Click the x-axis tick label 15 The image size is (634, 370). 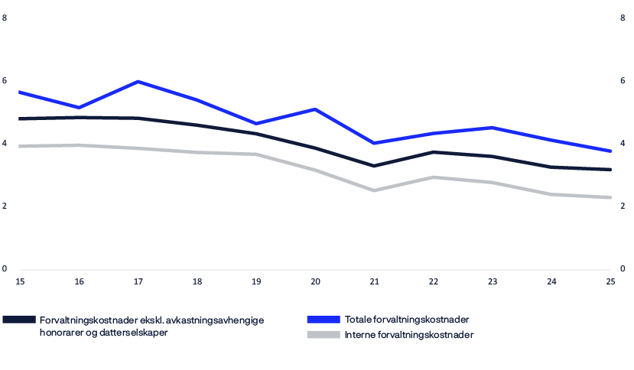click(x=20, y=282)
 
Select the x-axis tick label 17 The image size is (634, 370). click(x=138, y=282)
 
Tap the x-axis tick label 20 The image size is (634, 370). click(x=315, y=282)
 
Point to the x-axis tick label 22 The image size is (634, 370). click(x=433, y=282)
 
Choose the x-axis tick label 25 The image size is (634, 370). click(x=610, y=282)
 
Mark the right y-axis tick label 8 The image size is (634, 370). click(x=623, y=18)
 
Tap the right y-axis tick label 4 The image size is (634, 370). click(x=623, y=144)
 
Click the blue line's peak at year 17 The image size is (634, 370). click(x=138, y=81)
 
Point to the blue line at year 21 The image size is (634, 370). click(x=374, y=143)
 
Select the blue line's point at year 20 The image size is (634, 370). click(x=315, y=109)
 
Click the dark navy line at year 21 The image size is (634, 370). click(x=374, y=166)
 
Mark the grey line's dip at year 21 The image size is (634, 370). click(x=374, y=190)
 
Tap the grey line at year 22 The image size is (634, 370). click(x=433, y=177)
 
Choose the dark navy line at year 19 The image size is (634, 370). click(x=256, y=134)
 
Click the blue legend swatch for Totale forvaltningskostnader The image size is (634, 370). click(x=323, y=320)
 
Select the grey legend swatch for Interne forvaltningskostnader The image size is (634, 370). click(x=323, y=335)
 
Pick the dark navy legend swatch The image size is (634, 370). click(x=19, y=320)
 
